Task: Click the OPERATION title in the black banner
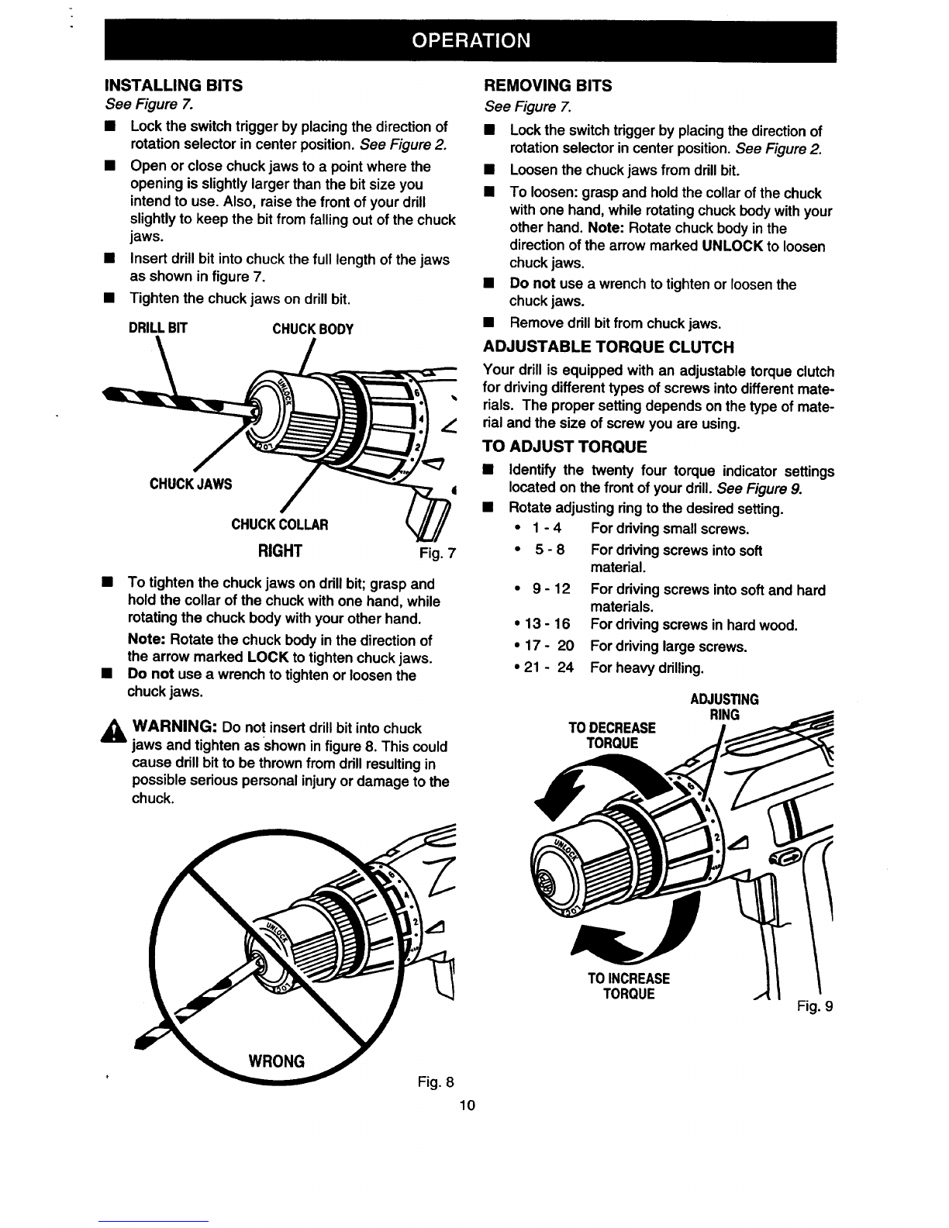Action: pos(471,40)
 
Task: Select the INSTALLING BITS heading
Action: pos(174,85)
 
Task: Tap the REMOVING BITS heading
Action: pos(547,86)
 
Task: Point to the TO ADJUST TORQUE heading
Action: pos(564,447)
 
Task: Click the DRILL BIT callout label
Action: pos(157,328)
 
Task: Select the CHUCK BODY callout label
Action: pos(312,329)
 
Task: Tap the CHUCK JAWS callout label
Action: pos(191,484)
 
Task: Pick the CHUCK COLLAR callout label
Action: pos(279,524)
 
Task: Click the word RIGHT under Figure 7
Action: pos(280,550)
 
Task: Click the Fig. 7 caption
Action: pos(437,553)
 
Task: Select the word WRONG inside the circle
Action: pos(276,1061)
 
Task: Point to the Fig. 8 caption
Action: pos(436,1081)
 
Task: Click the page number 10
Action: pos(468,1105)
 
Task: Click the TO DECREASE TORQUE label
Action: pos(613,735)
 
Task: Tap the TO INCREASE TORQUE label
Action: pos(629,985)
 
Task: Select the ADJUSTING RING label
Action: pos(724,707)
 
